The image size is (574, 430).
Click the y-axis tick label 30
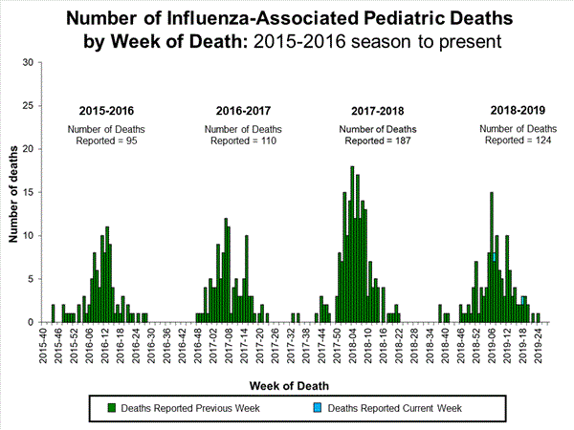(28, 63)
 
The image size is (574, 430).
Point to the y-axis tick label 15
(28, 193)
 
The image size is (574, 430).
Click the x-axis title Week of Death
(286, 385)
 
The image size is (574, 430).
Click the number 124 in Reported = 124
(542, 140)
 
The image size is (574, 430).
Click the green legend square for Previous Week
(112, 408)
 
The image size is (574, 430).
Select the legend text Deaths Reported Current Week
(395, 408)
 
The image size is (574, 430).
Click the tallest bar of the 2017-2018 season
(352, 245)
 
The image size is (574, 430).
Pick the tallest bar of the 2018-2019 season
(492, 256)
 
